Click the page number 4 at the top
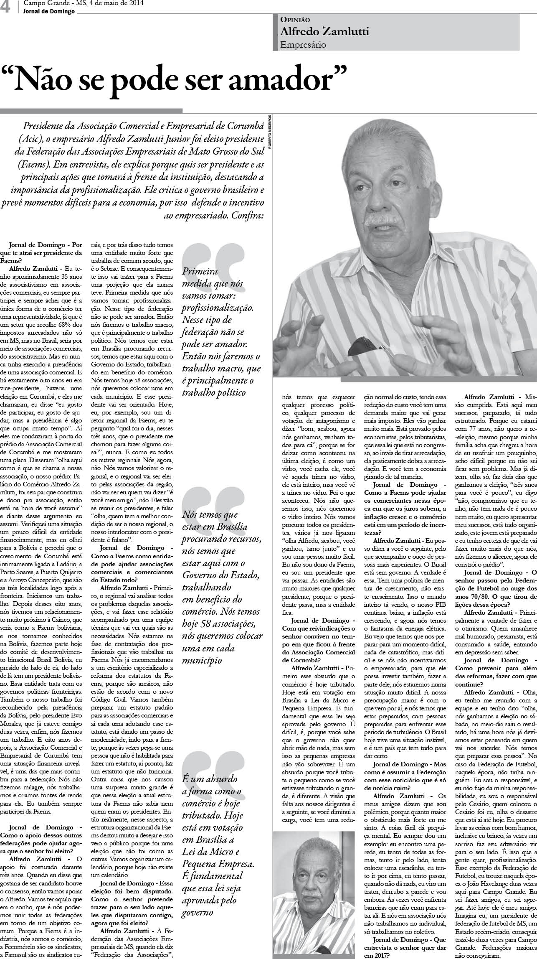pyautogui.click(x=6, y=7)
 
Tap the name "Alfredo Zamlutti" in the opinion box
pyautogui.click(x=324, y=31)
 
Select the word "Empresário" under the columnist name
pyautogui.click(x=303, y=44)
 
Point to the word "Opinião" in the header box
pyautogui.click(x=295, y=19)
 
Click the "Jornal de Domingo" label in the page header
pyautogui.click(x=49, y=12)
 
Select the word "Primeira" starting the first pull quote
pyautogui.click(x=200, y=271)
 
